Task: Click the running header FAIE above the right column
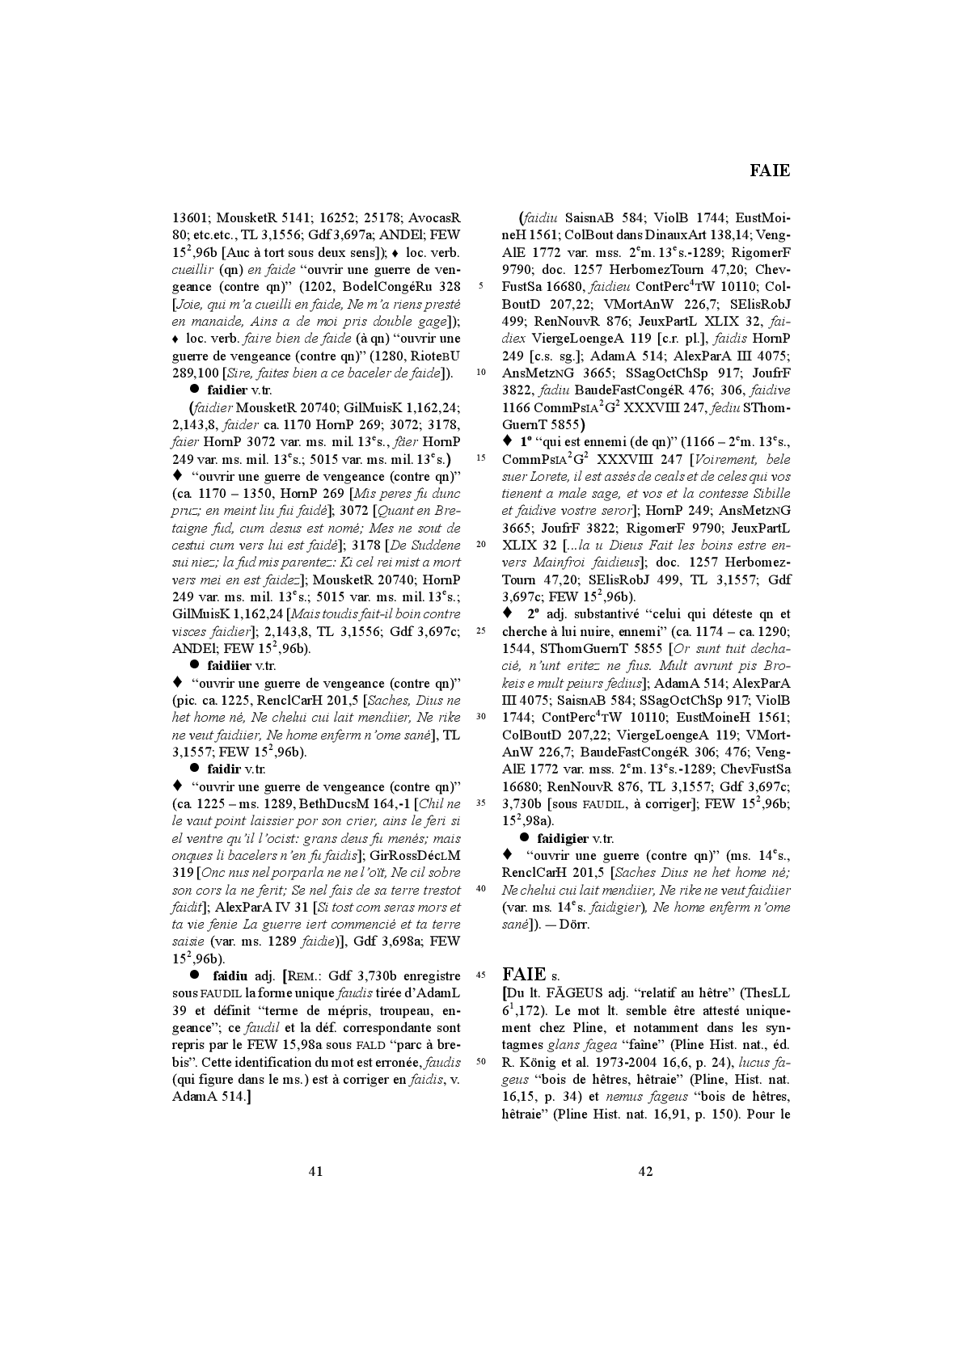click(x=769, y=171)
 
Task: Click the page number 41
click(x=316, y=1170)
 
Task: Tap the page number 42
click(x=645, y=1170)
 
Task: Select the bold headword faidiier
click(x=230, y=666)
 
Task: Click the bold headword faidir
click(x=224, y=769)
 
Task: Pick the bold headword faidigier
click(x=563, y=838)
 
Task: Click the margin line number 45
click(x=482, y=975)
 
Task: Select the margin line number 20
click(x=482, y=545)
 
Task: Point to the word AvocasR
click(x=434, y=217)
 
